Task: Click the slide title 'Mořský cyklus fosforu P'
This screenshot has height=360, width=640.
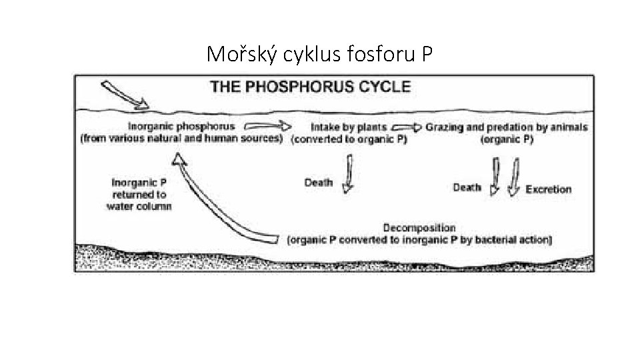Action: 320,53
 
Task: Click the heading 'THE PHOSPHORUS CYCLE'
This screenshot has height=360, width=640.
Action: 311,86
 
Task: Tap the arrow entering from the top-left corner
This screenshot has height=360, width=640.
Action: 124,95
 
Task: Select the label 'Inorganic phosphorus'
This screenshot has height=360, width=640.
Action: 181,126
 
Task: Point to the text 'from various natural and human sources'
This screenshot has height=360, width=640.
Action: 181,139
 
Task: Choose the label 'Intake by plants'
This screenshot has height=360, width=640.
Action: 349,127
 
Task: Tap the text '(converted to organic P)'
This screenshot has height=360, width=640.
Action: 349,140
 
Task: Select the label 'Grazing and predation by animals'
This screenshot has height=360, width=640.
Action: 507,127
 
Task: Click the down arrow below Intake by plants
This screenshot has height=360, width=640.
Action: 348,173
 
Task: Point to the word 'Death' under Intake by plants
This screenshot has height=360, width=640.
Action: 319,183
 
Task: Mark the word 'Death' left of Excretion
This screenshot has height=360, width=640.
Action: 467,187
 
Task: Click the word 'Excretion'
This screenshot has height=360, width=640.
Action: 549,189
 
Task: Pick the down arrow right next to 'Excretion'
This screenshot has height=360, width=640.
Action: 514,177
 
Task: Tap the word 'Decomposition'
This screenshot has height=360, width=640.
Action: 419,228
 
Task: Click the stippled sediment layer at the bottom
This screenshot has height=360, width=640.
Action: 333,260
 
